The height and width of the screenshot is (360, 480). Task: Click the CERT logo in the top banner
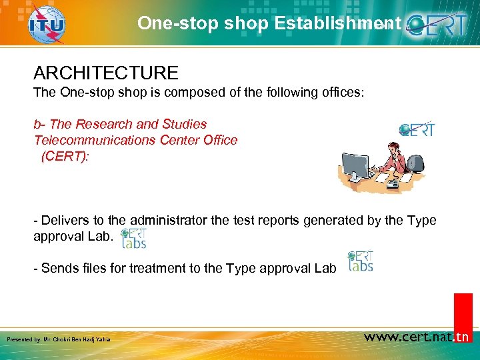click(440, 25)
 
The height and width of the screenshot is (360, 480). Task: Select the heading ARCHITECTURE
click(106, 73)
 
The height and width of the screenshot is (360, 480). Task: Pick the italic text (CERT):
click(65, 156)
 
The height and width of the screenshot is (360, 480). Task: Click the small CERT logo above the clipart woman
click(417, 129)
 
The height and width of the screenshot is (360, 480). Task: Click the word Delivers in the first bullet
click(64, 221)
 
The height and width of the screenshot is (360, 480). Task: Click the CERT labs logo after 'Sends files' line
click(360, 261)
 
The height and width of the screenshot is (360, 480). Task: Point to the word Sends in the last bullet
click(58, 268)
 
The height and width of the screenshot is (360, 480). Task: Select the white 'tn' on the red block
click(462, 337)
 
